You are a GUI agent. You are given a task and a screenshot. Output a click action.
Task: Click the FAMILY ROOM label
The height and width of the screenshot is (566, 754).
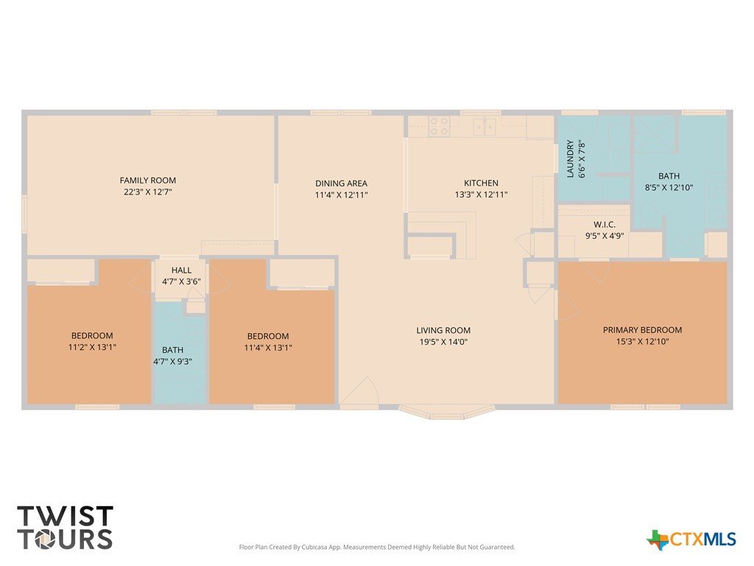[x=147, y=181]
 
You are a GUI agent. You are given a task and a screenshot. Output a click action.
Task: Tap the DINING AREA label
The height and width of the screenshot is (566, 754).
[x=341, y=184]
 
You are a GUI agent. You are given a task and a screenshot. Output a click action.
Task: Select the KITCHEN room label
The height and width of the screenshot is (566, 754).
[x=481, y=183]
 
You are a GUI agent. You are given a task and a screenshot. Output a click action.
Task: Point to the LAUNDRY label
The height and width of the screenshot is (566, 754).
[x=571, y=159]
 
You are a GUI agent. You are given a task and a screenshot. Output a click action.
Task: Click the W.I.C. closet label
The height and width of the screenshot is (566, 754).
[x=605, y=225]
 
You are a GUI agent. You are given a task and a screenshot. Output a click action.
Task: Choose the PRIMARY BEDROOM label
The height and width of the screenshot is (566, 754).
[x=642, y=330]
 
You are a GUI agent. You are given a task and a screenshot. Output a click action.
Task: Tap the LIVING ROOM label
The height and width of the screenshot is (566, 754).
[x=443, y=331]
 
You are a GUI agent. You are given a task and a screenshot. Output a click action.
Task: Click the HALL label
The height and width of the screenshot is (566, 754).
[x=181, y=270]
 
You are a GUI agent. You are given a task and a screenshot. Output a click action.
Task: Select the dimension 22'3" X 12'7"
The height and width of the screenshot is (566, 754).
[x=147, y=192]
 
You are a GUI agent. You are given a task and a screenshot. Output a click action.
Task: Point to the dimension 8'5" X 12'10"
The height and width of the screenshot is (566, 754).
[x=669, y=188]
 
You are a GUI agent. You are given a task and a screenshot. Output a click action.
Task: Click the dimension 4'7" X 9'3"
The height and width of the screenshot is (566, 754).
[x=172, y=361]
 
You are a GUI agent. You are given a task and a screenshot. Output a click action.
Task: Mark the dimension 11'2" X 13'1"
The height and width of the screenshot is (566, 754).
[x=92, y=347]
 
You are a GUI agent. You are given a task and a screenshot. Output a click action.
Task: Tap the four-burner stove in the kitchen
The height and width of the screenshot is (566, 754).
[x=440, y=125]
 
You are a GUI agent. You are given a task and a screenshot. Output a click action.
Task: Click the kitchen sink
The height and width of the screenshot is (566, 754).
[x=485, y=126]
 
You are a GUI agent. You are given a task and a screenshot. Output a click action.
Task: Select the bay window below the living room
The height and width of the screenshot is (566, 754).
[x=447, y=413]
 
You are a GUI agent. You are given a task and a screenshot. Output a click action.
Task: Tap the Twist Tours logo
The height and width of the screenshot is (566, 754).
[x=65, y=528]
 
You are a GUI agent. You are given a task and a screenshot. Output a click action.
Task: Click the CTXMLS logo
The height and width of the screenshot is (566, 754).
[x=691, y=539]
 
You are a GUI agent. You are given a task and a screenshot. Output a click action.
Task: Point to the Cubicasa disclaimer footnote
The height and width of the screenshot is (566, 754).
[x=377, y=548]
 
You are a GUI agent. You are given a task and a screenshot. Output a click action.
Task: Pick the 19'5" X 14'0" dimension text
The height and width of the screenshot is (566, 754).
[x=443, y=342]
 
